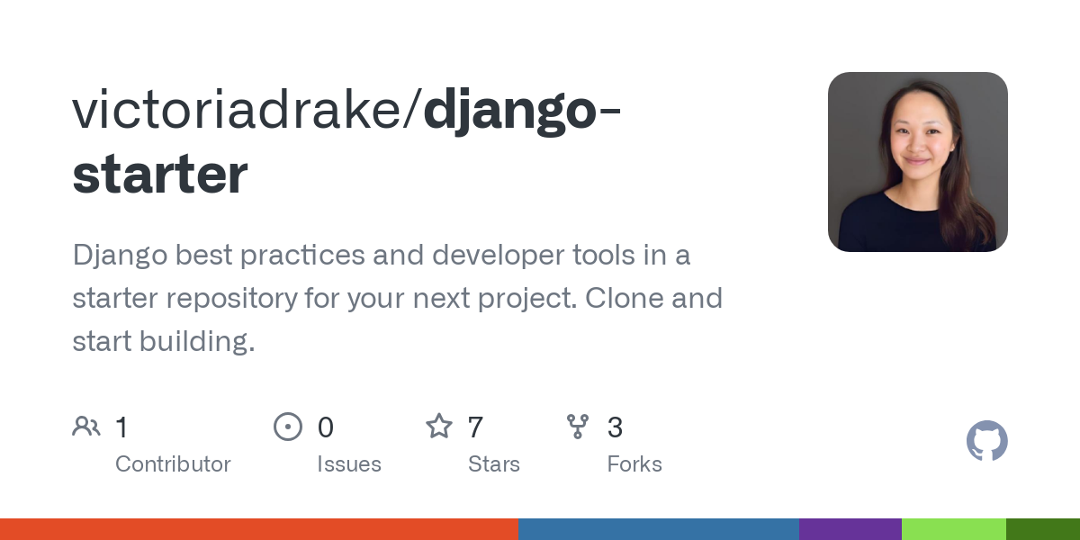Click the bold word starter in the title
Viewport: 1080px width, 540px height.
[x=160, y=175]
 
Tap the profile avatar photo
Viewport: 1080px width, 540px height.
[x=917, y=162]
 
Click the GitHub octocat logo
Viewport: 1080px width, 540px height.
[x=986, y=441]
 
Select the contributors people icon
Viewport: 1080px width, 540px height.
[x=86, y=427]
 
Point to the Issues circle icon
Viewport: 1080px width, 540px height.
[x=287, y=427]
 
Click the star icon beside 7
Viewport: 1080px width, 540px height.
[x=439, y=427]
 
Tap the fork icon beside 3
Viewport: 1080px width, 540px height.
[x=578, y=427]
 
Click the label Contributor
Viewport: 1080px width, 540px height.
[x=173, y=464]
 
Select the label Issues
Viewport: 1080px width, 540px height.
[x=349, y=464]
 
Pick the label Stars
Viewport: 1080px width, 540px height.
[x=494, y=464]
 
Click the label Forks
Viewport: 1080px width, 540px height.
[x=634, y=464]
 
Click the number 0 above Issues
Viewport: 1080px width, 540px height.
[x=326, y=427]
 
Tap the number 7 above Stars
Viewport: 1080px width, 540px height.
[x=476, y=427]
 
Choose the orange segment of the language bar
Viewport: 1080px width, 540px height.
[x=259, y=529]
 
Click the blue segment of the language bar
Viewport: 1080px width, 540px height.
[x=659, y=529]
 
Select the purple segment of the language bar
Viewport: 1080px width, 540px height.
[x=850, y=529]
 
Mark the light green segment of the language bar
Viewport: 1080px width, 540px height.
[x=954, y=529]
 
